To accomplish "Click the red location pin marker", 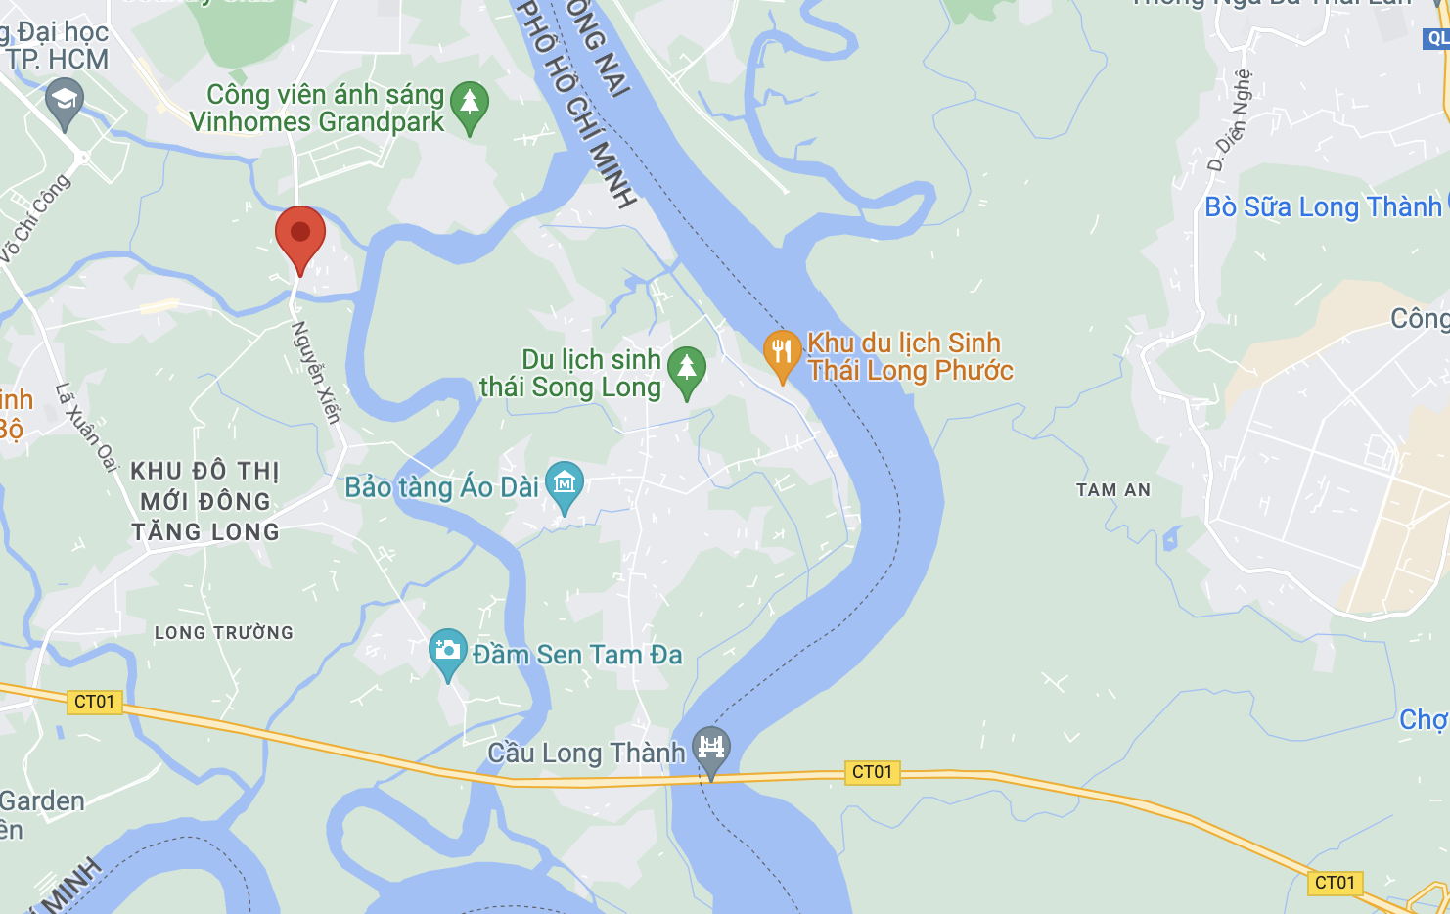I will (300, 235).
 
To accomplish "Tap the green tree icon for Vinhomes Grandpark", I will (470, 104).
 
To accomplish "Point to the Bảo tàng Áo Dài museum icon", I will (565, 483).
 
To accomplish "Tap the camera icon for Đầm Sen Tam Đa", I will (448, 651).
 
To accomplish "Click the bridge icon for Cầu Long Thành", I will (711, 749).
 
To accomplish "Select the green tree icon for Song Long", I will (686, 370).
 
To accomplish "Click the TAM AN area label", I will (1113, 490).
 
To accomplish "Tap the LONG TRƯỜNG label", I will (224, 633).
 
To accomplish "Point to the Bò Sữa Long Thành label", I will (1323, 207).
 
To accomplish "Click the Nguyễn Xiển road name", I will (316, 373).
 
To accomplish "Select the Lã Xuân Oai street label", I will (86, 427).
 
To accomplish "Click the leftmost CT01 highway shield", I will (95, 702).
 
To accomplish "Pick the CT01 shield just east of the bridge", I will (872, 772).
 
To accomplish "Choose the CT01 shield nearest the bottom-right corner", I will (1335, 883).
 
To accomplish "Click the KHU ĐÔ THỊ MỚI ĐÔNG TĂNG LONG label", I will (205, 501).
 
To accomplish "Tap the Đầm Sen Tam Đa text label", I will (577, 655).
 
